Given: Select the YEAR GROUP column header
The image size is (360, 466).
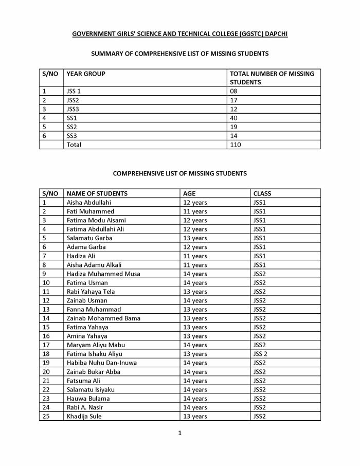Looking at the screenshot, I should tap(86, 74).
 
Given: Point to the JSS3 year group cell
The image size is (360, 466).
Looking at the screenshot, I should tap(74, 109).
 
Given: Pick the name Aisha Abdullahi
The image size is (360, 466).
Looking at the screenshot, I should tap(88, 203).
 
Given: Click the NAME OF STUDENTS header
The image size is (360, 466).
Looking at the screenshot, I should tap(97, 193).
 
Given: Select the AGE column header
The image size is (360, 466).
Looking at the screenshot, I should tap(189, 193).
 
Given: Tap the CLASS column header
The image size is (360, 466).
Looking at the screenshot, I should tap(262, 193).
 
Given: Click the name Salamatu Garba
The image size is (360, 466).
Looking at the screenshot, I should tap(89, 238).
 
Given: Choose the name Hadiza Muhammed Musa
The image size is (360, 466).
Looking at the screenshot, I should tap(103, 274).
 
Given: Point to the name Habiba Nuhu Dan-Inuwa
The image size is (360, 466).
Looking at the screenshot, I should tap(102, 363).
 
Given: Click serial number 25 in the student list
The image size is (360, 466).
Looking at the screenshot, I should tap(46, 416).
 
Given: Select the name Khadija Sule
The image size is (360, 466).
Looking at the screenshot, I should tap(84, 416).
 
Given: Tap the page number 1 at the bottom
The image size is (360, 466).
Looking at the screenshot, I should tap(179, 433).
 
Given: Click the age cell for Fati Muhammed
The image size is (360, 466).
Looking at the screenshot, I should tap(195, 211).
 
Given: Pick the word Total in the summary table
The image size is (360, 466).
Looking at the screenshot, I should tap(74, 145).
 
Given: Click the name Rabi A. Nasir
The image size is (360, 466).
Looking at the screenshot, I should tap(85, 407).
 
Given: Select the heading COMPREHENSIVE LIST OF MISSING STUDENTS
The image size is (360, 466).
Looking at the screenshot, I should tap(179, 173).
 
